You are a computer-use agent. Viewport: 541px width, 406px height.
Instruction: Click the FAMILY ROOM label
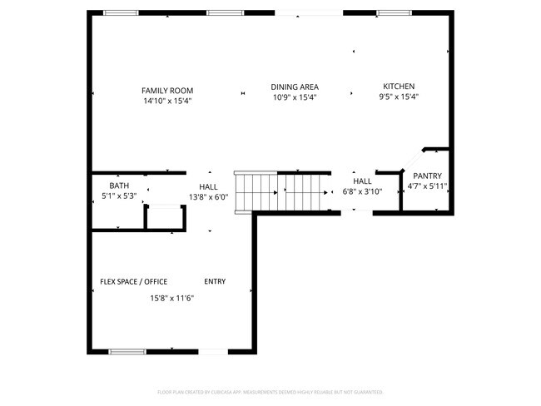(x=167, y=90)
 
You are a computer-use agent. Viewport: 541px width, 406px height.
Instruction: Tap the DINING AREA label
(x=295, y=87)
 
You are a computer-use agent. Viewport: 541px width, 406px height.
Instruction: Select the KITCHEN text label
(x=398, y=87)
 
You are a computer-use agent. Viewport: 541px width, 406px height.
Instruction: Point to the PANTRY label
(x=427, y=176)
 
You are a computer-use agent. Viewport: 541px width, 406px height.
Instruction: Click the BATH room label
(x=118, y=186)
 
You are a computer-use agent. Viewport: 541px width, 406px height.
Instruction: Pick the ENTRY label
(x=215, y=281)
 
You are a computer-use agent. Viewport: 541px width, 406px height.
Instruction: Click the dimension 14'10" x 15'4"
(x=167, y=101)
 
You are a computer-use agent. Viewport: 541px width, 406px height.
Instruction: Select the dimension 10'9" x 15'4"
(x=295, y=97)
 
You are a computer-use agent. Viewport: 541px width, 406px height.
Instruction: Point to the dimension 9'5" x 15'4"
(x=398, y=97)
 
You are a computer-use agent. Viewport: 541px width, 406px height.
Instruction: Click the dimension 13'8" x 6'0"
(x=208, y=197)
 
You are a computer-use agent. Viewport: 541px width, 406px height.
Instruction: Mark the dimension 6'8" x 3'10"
(x=362, y=191)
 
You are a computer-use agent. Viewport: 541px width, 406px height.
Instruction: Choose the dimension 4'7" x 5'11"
(x=427, y=186)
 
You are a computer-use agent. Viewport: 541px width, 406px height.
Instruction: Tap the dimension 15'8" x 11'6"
(x=171, y=298)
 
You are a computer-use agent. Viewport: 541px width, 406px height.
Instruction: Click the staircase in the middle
(x=283, y=192)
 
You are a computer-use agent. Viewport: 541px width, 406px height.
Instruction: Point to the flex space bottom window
(x=128, y=352)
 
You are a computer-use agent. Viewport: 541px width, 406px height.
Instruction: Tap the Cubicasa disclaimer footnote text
(x=270, y=391)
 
